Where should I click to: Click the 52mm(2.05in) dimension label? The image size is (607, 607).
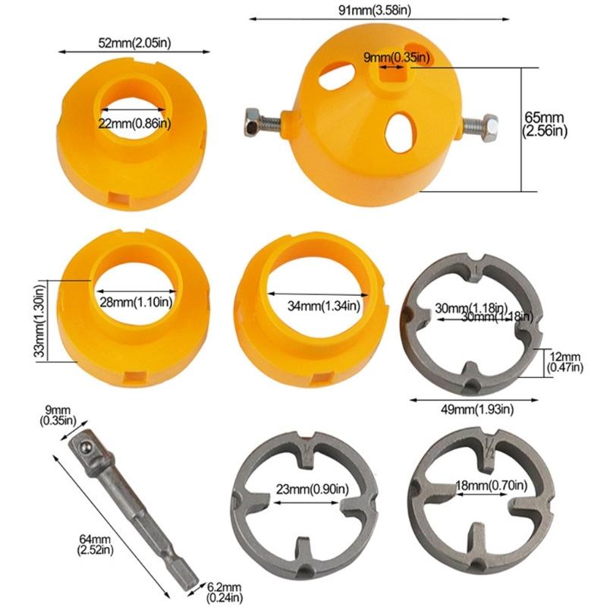[134, 42]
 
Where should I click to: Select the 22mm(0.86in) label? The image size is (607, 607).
[134, 123]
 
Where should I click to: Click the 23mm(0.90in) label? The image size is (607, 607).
[307, 488]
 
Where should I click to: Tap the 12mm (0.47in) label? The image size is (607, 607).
[565, 362]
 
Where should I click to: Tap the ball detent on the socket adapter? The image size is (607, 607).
[83, 451]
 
